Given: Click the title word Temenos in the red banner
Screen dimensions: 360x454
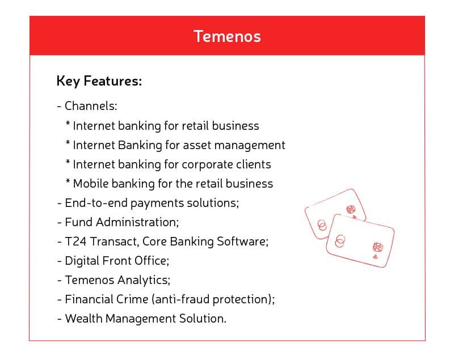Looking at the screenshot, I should [227, 36].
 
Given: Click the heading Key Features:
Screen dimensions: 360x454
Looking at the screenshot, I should [99, 81].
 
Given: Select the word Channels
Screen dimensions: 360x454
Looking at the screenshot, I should [90, 106].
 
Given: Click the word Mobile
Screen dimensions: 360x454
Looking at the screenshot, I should [92, 184].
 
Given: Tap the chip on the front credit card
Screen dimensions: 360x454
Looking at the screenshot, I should [377, 247].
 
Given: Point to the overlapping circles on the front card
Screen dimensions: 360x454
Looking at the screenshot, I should [340, 240].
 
